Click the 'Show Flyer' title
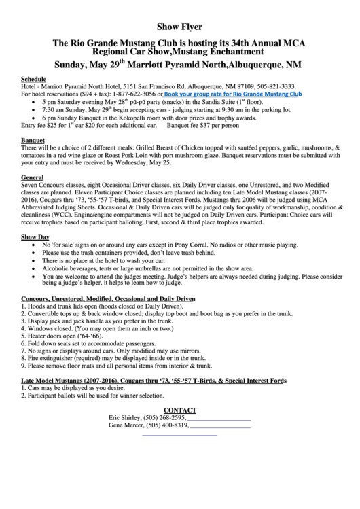pos(180,27)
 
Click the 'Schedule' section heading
pos(34,80)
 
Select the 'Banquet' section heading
pos(33,139)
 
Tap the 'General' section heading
pos(33,177)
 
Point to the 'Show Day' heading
pos(35,237)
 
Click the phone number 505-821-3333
pos(274,87)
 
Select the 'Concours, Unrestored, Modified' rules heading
pos(108,299)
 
